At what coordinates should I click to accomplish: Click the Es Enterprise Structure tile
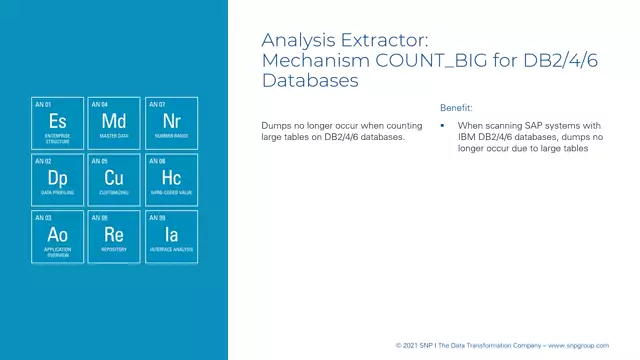57,123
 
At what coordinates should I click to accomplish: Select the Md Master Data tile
113,123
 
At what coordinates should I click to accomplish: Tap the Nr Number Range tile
170,123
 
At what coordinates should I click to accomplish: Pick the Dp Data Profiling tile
57,180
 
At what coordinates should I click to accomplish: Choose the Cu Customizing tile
113,180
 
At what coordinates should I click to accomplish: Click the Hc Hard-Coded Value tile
170,180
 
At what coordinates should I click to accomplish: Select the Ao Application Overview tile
57,237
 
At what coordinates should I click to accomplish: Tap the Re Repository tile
113,237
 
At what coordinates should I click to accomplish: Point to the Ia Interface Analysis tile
170,237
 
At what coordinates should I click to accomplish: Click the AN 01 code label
42,104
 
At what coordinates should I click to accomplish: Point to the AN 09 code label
155,217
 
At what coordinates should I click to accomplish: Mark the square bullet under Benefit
443,126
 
